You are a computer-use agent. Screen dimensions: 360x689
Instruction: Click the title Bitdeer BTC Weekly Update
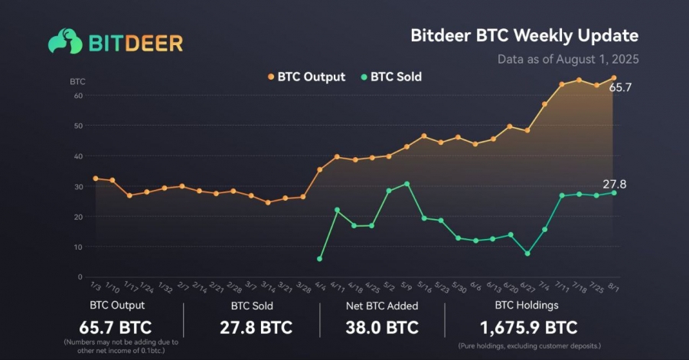tap(524, 36)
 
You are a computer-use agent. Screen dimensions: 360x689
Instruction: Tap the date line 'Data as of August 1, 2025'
tap(568, 59)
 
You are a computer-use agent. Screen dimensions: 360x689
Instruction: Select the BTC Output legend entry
tap(306, 77)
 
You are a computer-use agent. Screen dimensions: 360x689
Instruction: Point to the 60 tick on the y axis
tap(79, 96)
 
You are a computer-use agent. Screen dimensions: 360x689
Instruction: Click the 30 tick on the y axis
tap(79, 186)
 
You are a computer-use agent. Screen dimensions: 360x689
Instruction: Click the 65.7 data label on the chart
tap(620, 88)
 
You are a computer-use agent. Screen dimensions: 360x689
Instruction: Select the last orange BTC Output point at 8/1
tap(614, 78)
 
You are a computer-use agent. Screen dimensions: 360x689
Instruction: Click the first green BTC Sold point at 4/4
tap(320, 259)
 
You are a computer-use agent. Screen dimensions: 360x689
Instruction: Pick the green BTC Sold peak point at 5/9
tap(407, 184)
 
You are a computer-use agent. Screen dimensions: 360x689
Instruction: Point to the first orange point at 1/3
tap(95, 178)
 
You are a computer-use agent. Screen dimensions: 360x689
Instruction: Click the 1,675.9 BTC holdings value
tap(528, 328)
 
